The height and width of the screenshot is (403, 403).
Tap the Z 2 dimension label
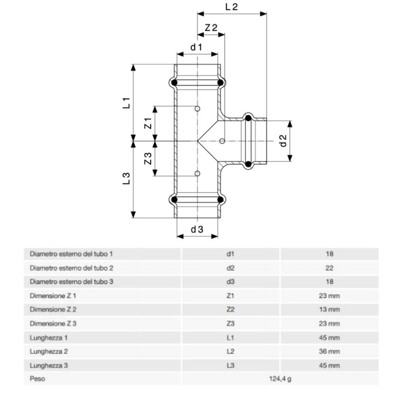tap(211, 28)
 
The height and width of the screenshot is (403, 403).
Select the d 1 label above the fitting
tap(197, 47)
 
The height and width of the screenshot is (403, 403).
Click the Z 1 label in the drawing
tap(148, 123)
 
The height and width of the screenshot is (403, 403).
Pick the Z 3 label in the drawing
tap(148, 159)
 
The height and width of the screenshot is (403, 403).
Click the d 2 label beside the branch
tap(283, 141)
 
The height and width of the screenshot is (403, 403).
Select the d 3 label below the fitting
tap(197, 229)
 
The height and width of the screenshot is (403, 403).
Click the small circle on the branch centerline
tap(222, 141)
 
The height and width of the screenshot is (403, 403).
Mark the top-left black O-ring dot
tap(174, 83)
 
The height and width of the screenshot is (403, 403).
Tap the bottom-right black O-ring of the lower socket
tap(220, 200)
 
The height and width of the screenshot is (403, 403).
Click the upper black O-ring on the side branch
tap(247, 118)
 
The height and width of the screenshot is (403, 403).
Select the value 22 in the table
tap(330, 268)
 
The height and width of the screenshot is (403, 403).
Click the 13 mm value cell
tap(330, 310)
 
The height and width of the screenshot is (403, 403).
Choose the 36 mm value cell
tap(330, 352)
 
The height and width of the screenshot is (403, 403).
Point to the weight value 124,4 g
tap(280, 379)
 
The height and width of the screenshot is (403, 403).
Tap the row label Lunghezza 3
tap(49, 366)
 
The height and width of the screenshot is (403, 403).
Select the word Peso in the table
tap(37, 379)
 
